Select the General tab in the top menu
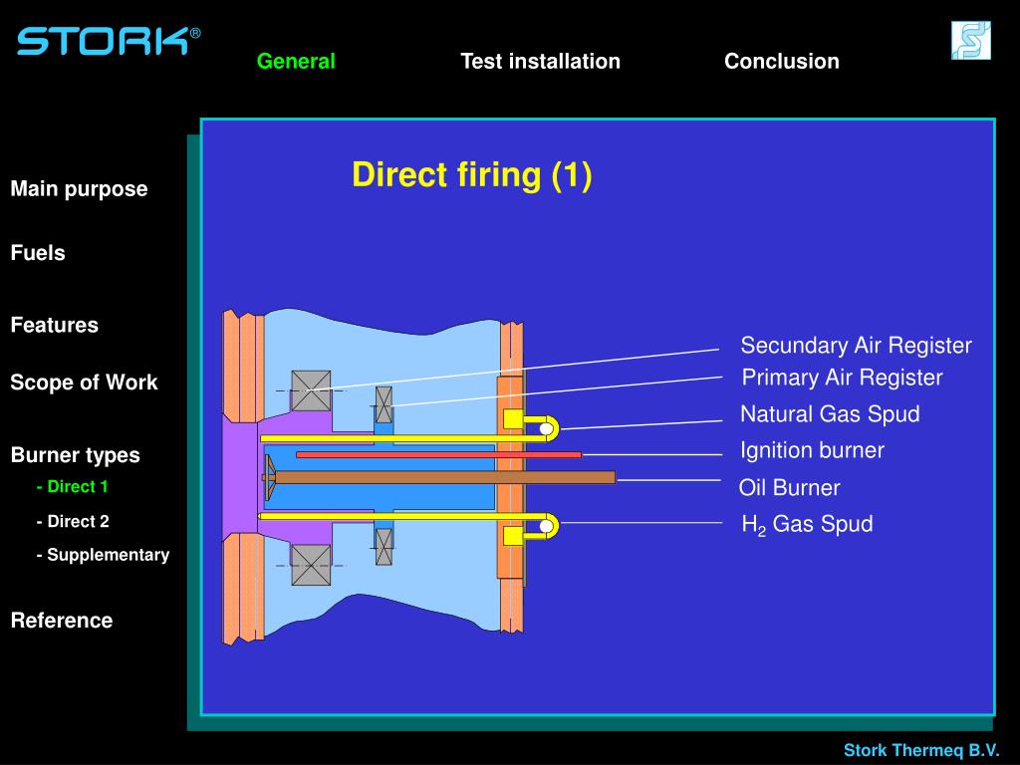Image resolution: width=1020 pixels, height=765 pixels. (296, 61)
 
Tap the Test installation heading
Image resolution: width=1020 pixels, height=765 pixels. (540, 61)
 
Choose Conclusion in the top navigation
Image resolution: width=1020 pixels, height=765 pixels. (781, 61)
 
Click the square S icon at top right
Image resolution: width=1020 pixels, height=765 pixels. (970, 41)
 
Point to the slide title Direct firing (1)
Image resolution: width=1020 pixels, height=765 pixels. (471, 175)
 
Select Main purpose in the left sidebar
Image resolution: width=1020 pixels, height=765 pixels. (79, 189)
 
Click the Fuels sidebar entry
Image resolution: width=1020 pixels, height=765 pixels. (38, 253)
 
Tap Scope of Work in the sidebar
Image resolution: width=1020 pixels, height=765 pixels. (84, 382)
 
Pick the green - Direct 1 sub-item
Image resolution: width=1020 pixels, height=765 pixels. (73, 487)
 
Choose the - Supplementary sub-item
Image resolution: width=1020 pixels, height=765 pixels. (104, 555)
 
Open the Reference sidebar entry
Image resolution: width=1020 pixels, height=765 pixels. (62, 621)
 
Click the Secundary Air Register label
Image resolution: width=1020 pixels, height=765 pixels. (856, 346)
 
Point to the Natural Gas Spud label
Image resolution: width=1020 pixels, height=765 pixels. (830, 414)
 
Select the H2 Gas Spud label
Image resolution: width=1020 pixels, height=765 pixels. (807, 525)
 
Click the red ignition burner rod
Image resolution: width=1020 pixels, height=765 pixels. (438, 454)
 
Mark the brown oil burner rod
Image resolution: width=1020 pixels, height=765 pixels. (443, 477)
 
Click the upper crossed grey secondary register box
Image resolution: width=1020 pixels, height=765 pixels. (311, 389)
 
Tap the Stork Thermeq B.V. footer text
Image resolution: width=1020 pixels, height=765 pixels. (921, 750)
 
